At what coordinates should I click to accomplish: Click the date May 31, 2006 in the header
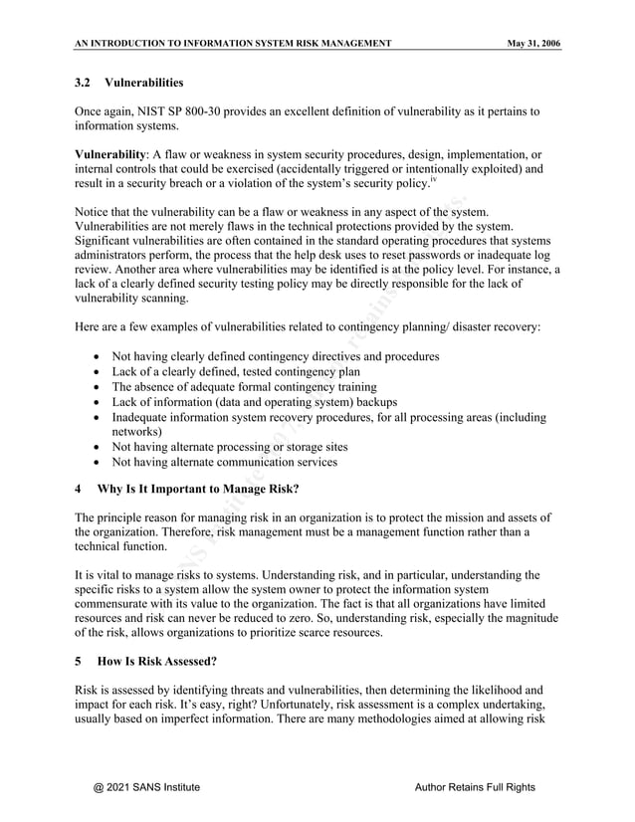tap(532, 43)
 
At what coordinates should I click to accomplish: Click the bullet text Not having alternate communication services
tap(224, 462)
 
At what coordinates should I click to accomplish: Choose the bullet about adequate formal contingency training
tap(244, 386)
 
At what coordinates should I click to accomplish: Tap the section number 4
tap(79, 489)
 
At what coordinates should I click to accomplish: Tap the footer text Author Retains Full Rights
tap(474, 787)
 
